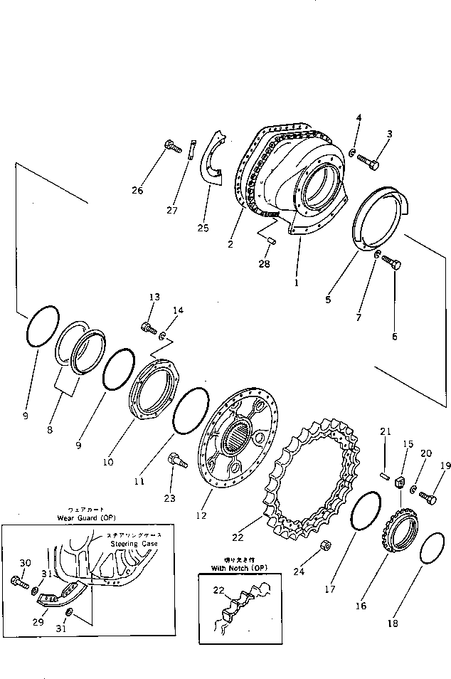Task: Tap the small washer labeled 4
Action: point(354,152)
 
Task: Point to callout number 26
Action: point(137,190)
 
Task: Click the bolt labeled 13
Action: point(149,328)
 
